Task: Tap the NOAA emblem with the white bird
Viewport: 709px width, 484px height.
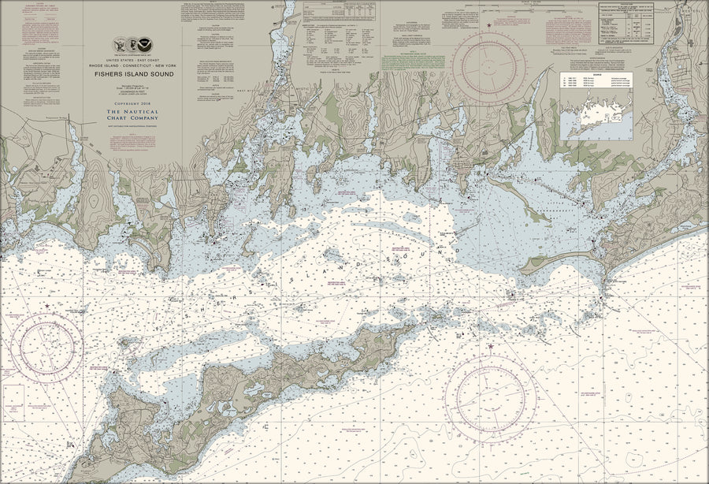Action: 146,45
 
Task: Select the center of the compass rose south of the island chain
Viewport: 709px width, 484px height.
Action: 491,393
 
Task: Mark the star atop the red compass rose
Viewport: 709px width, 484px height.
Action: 489,25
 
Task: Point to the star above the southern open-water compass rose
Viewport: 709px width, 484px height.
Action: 491,347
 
